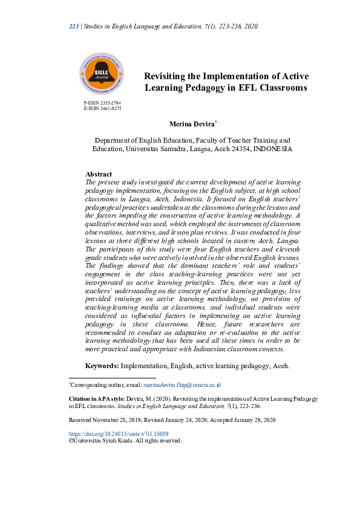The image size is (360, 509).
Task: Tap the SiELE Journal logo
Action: (101, 74)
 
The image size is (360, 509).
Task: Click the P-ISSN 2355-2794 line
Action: (102, 103)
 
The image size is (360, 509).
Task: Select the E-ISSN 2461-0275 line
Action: (102, 109)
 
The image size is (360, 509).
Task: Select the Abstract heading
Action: (99, 174)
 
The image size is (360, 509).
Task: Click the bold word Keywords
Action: (102, 366)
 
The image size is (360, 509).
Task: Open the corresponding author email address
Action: (182, 384)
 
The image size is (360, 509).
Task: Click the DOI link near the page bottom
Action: (119, 433)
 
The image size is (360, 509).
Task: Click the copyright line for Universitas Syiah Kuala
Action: (125, 441)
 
